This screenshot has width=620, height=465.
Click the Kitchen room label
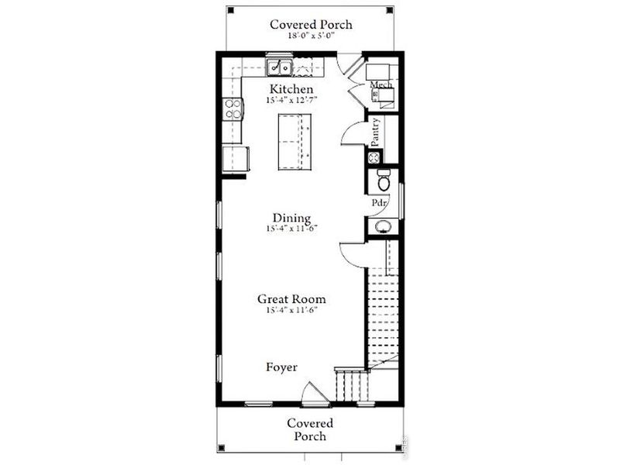point(291,90)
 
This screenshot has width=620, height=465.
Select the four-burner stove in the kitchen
point(232,109)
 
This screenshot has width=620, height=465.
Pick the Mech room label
point(380,84)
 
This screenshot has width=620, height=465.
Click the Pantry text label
point(375,132)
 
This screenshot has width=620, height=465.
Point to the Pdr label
point(379,204)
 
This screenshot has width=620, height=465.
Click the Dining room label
point(291,218)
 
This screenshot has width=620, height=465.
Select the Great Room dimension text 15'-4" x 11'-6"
point(291,310)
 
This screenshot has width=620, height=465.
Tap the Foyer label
point(281,367)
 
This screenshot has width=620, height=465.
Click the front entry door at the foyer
point(315,395)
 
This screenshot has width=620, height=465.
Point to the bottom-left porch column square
point(222,447)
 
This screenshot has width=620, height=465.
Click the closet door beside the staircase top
point(352,253)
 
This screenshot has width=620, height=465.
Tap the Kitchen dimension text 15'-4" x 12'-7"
point(291,101)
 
